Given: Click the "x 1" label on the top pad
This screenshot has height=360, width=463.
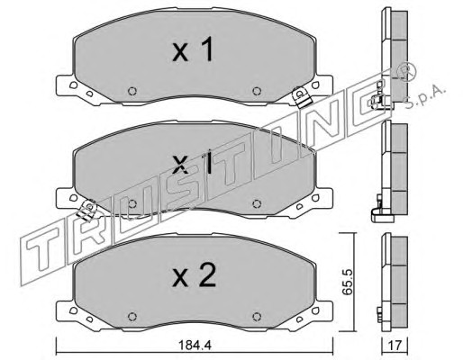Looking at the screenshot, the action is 193,49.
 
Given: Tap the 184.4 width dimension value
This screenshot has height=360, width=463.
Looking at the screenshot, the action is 195,346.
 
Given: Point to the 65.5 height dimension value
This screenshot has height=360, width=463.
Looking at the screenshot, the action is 348,282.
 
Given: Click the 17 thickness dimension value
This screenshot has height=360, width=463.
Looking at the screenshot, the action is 395,346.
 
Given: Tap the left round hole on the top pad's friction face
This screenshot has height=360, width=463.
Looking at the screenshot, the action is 132,91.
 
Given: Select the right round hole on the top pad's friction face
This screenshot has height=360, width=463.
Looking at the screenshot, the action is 256,91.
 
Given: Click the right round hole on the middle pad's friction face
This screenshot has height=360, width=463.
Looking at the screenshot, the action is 256,203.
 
